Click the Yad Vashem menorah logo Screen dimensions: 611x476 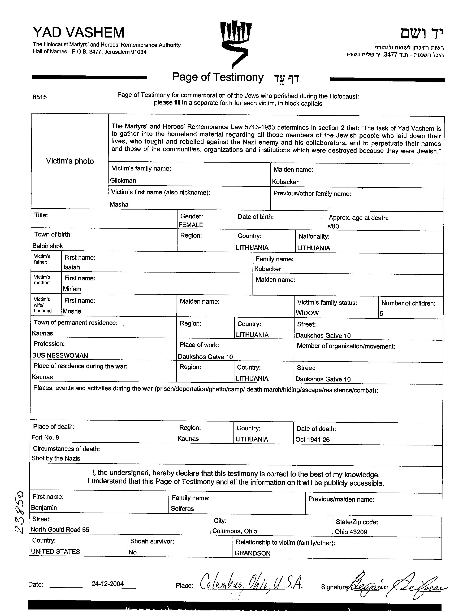236,43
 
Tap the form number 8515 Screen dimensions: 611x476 40,97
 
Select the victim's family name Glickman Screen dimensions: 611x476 123,180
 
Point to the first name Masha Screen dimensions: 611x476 119,204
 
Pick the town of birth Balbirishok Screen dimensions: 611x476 47,246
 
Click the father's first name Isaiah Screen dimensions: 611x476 72,267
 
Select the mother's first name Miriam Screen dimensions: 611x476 72,289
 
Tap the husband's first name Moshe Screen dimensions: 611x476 72,311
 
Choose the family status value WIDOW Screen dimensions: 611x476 307,313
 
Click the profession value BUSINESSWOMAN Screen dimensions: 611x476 60,356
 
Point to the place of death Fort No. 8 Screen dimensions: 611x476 45,438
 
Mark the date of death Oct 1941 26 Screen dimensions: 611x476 312,440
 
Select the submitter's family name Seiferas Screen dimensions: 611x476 182,509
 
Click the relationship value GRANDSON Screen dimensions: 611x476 252,553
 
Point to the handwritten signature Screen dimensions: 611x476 397,585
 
